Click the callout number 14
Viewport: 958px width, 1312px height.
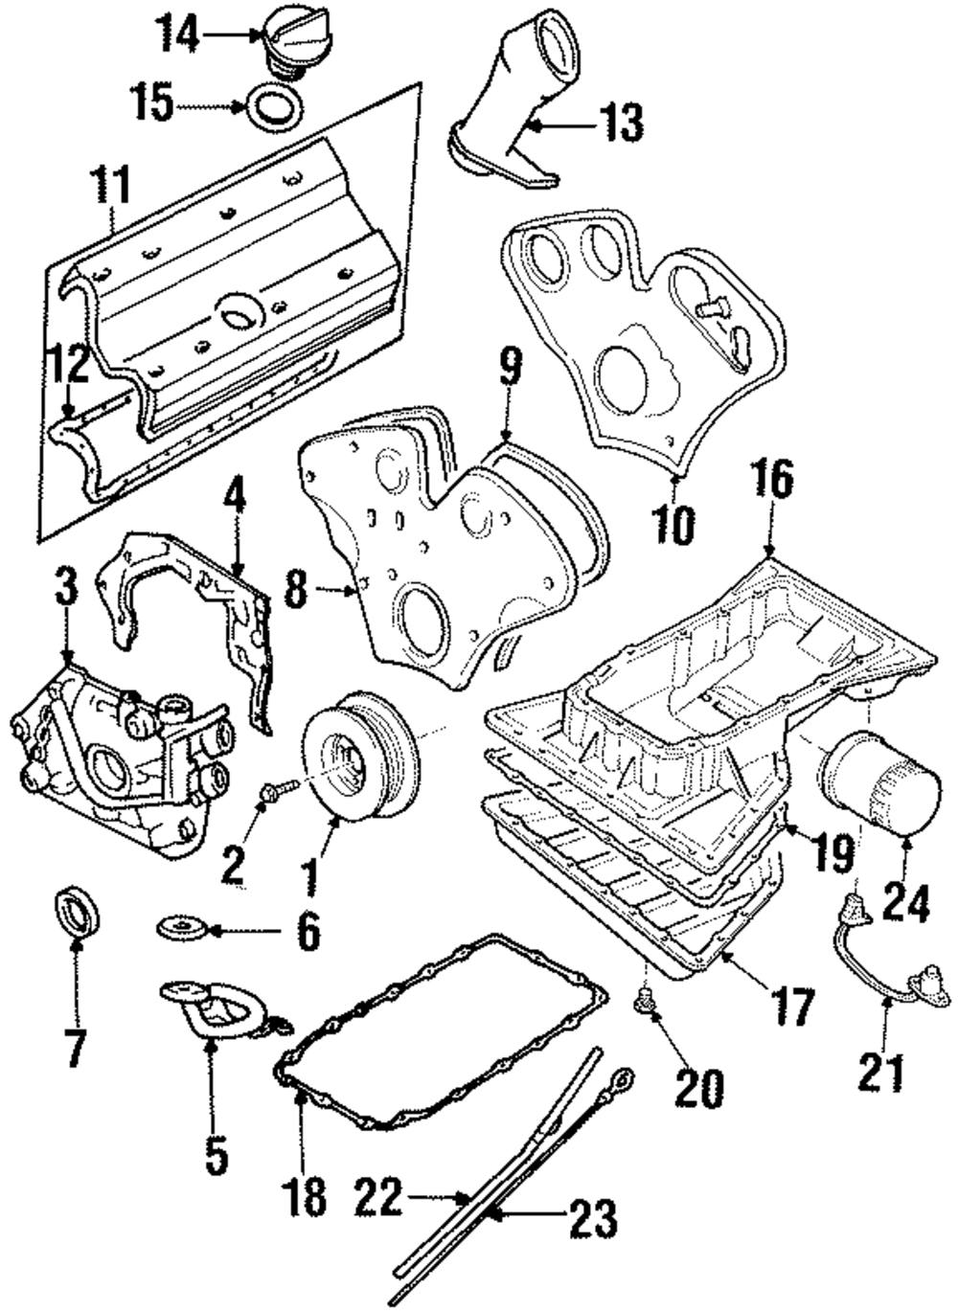click(178, 35)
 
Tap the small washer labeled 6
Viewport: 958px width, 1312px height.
click(181, 927)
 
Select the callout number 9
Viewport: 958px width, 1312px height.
click(510, 368)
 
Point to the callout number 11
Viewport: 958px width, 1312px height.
click(111, 187)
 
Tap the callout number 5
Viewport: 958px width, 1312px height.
click(216, 1153)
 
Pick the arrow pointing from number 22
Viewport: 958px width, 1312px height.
click(436, 1196)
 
